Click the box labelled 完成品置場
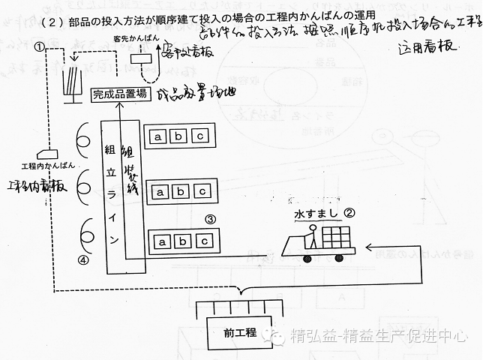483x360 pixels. (x=118, y=94)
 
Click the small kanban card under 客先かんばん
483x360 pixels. (x=139, y=59)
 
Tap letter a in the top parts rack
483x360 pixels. (x=158, y=136)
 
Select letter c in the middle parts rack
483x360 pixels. (x=202, y=190)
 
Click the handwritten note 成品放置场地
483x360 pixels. (x=191, y=95)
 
